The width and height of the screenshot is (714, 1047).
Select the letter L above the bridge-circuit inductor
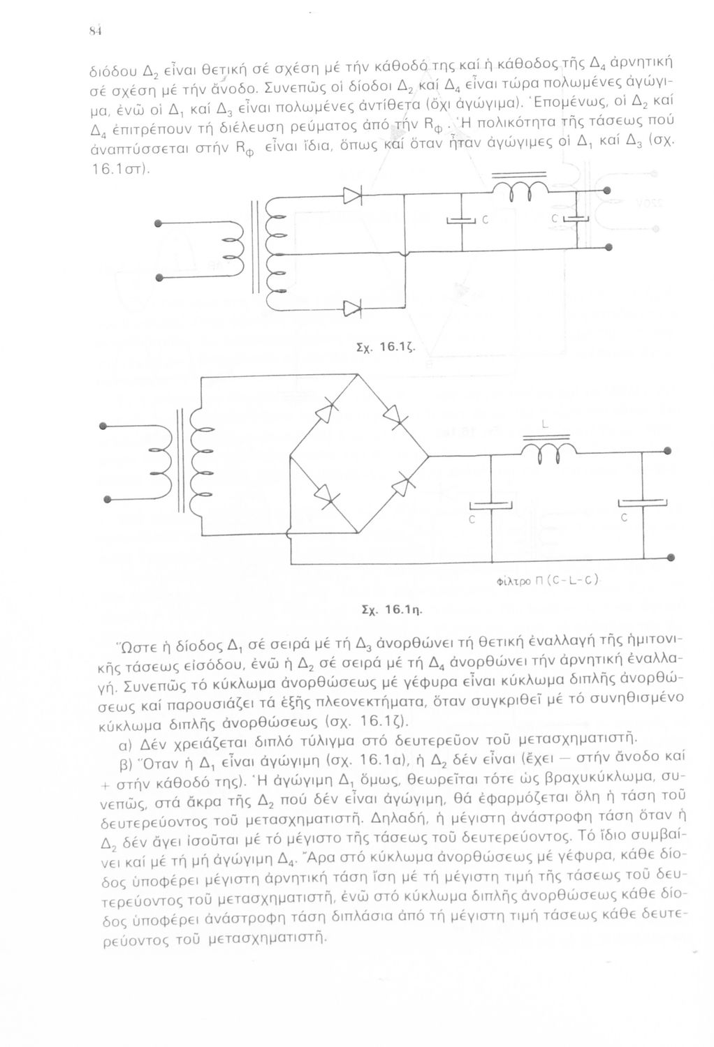(x=545, y=425)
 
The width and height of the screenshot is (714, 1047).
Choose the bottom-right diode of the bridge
(x=396, y=487)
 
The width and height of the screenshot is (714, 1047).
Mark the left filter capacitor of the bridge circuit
(x=491, y=504)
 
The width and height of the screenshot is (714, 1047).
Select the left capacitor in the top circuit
(x=461, y=221)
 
